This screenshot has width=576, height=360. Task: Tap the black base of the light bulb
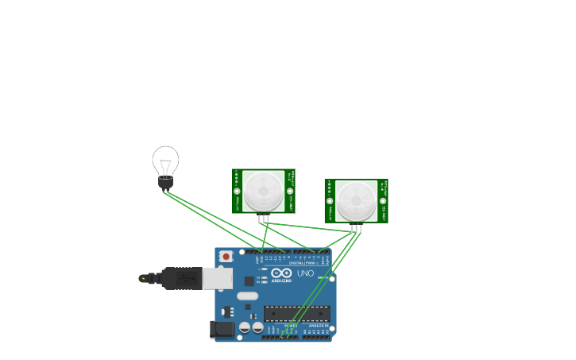tap(165, 183)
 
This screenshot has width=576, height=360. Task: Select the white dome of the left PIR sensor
tap(263, 191)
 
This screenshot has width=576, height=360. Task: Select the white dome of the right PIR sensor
tap(356, 200)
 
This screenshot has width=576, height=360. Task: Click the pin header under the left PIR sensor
tap(264, 219)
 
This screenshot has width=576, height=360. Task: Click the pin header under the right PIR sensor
tap(356, 228)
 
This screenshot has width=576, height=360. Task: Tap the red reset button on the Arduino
tap(226, 257)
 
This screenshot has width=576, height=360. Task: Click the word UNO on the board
tap(306, 273)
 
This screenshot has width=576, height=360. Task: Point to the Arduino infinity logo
tap(281, 273)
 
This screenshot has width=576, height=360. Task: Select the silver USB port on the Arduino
tap(217, 278)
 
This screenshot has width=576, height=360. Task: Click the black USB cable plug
tap(181, 278)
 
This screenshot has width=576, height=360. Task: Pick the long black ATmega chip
tap(296, 313)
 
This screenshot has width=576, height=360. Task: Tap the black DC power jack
tap(222, 329)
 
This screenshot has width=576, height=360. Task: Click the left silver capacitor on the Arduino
tap(245, 327)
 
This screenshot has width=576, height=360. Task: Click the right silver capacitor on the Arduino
tap(257, 327)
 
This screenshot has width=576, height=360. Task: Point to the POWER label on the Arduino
tap(291, 325)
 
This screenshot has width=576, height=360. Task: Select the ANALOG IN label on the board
tap(319, 325)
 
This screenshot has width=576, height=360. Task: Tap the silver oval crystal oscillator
tap(247, 296)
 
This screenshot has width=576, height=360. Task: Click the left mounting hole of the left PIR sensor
tap(237, 191)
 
